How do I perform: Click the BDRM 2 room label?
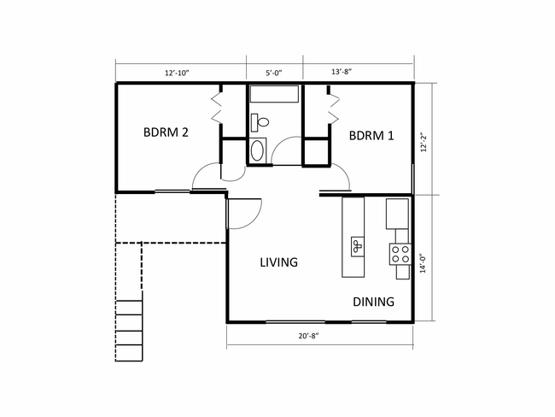166,132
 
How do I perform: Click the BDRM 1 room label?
371,136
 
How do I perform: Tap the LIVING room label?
279,262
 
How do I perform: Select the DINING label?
374,302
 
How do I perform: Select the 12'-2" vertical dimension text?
424,138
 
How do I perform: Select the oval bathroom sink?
258,151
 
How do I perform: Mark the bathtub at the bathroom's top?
275,96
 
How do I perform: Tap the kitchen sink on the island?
355,246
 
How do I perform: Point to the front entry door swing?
246,212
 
